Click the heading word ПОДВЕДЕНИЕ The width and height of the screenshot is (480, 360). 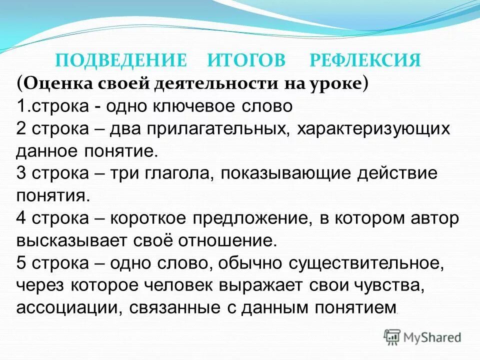pos(120,61)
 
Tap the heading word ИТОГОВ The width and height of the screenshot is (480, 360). pos(246,61)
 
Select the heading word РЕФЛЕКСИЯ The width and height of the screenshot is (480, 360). pos(365,61)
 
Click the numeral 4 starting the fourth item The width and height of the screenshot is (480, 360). pos(21,218)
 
